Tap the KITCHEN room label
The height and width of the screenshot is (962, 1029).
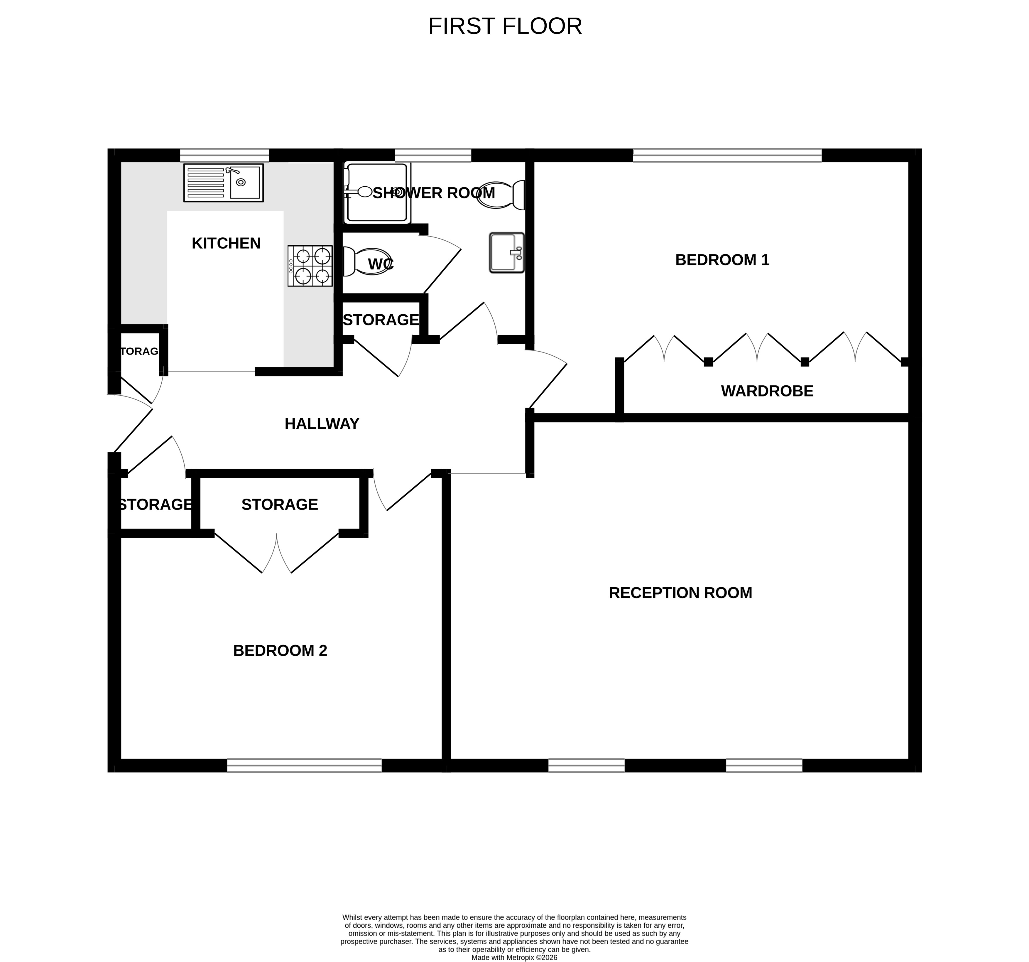tap(226, 243)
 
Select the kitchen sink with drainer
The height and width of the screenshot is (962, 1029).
tap(224, 183)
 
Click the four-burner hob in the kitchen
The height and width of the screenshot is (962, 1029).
tap(310, 266)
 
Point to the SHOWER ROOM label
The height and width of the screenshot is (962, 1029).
tap(434, 193)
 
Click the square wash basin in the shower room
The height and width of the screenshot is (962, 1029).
tap(507, 253)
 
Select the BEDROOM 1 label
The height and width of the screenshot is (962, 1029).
tap(722, 260)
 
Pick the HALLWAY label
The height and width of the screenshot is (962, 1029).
tap(322, 424)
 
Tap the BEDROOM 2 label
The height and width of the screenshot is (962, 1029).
tap(280, 651)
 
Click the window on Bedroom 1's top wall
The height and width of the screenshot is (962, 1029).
tap(727, 155)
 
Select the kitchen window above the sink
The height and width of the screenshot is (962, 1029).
tap(225, 155)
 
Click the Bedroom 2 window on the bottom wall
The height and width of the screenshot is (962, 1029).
tap(304, 765)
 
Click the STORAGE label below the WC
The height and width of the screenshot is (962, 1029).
tap(381, 320)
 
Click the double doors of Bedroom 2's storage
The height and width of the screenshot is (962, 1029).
tap(277, 553)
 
